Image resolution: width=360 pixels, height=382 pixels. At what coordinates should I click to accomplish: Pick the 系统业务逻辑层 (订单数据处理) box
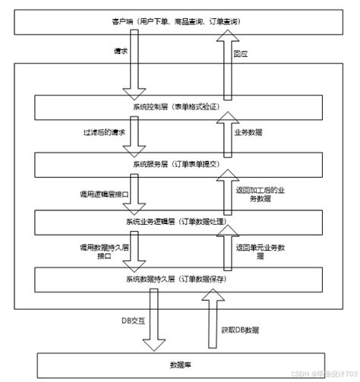[179, 220]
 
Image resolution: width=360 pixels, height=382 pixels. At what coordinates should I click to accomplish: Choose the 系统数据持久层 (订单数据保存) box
[179, 278]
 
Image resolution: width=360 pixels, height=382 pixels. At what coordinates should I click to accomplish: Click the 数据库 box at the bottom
[179, 363]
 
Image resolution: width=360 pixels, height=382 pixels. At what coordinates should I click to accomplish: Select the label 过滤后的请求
[104, 133]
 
